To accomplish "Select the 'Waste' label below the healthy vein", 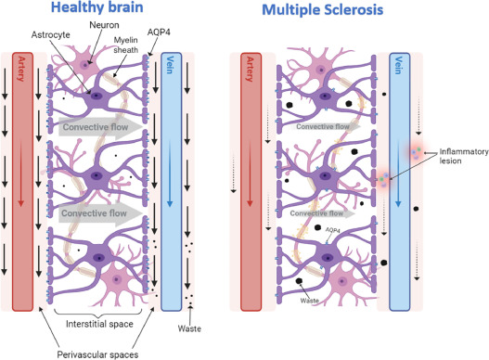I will click(x=191, y=327).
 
